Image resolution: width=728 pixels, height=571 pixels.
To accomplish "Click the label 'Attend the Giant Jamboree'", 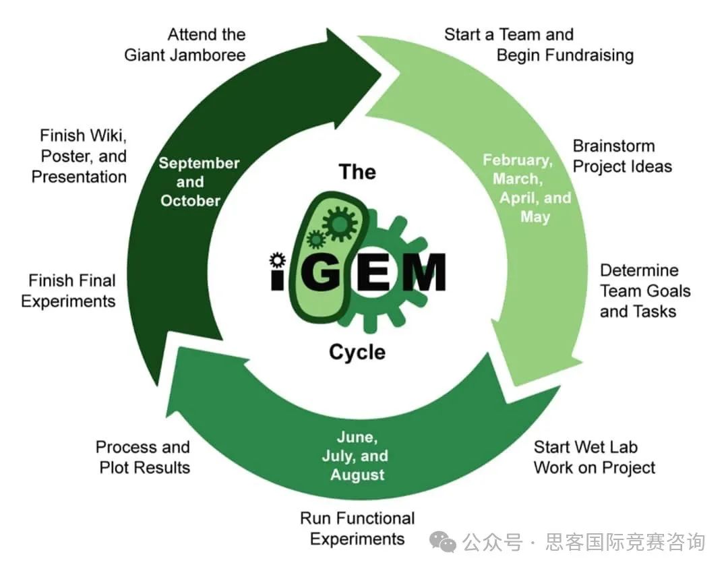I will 185,44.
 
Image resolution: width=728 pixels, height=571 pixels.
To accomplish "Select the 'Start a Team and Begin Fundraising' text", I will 538,44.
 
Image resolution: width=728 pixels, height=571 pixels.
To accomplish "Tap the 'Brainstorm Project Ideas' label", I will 621,156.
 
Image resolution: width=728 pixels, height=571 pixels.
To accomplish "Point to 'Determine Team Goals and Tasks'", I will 645,291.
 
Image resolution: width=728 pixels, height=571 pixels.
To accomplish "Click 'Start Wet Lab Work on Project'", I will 594,457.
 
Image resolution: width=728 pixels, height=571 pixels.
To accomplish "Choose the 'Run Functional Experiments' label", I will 357,529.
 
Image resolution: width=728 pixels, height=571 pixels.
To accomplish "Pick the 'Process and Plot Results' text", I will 143,457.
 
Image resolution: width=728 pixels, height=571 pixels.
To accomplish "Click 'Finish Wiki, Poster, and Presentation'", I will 80,156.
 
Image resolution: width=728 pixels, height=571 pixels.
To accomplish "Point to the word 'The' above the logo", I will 357,172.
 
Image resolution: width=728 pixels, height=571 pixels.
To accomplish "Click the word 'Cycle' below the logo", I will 357,352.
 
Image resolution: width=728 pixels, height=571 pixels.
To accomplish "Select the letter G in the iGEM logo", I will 317,272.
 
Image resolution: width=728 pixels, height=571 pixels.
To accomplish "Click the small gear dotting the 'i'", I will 276,260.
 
